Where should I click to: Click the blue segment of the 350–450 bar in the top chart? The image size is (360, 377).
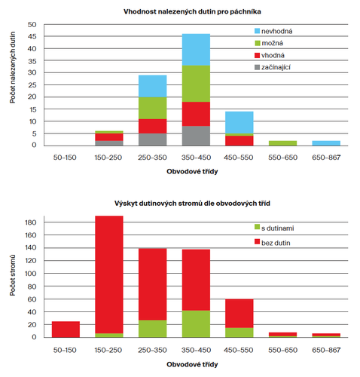coord(196,50)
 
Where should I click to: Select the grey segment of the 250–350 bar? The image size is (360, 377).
coord(153,139)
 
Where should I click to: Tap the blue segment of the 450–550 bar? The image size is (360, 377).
coord(239,122)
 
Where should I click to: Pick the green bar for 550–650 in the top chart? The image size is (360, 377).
coord(282,143)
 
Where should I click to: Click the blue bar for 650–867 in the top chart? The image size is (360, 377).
coord(326,143)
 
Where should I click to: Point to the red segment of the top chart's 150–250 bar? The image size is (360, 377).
coord(109,137)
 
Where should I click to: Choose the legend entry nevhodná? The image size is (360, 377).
coord(273,31)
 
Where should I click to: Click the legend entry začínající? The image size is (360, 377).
coord(273,67)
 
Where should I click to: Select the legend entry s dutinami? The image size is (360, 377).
coord(274,228)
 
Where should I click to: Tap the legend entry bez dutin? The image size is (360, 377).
coord(273,243)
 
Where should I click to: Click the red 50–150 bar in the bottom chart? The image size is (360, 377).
coord(66,329)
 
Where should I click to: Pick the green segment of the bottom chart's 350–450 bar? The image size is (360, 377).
coord(196,324)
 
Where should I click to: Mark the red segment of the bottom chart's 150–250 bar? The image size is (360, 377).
coord(109,274)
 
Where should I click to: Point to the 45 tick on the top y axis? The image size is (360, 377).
coord(32,37)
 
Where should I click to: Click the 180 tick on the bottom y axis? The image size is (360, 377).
coord(31,222)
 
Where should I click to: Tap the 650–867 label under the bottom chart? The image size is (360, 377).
coord(326,350)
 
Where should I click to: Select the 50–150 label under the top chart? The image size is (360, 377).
coord(65,158)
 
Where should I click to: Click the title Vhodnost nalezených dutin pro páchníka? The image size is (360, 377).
coord(192,11)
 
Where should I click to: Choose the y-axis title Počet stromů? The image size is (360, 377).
coord(13,275)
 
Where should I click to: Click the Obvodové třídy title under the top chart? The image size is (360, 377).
coord(192,171)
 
